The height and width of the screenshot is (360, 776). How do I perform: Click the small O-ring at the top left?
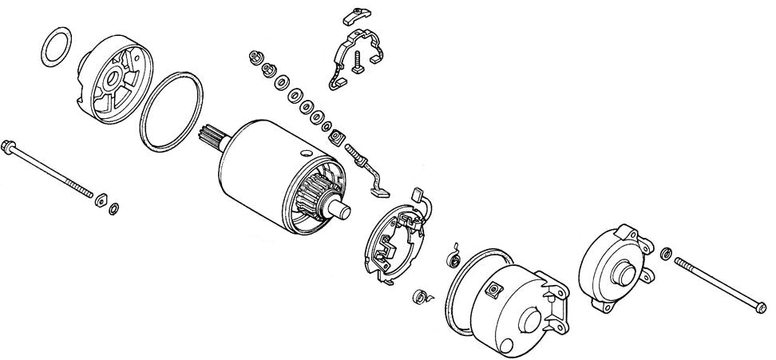[54, 49]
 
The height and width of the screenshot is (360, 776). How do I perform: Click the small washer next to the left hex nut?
[114, 209]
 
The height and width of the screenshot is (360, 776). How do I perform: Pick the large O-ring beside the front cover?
[170, 112]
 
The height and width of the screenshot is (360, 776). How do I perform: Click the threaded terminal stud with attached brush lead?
[357, 155]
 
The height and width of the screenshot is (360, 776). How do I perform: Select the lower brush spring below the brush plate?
[421, 298]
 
